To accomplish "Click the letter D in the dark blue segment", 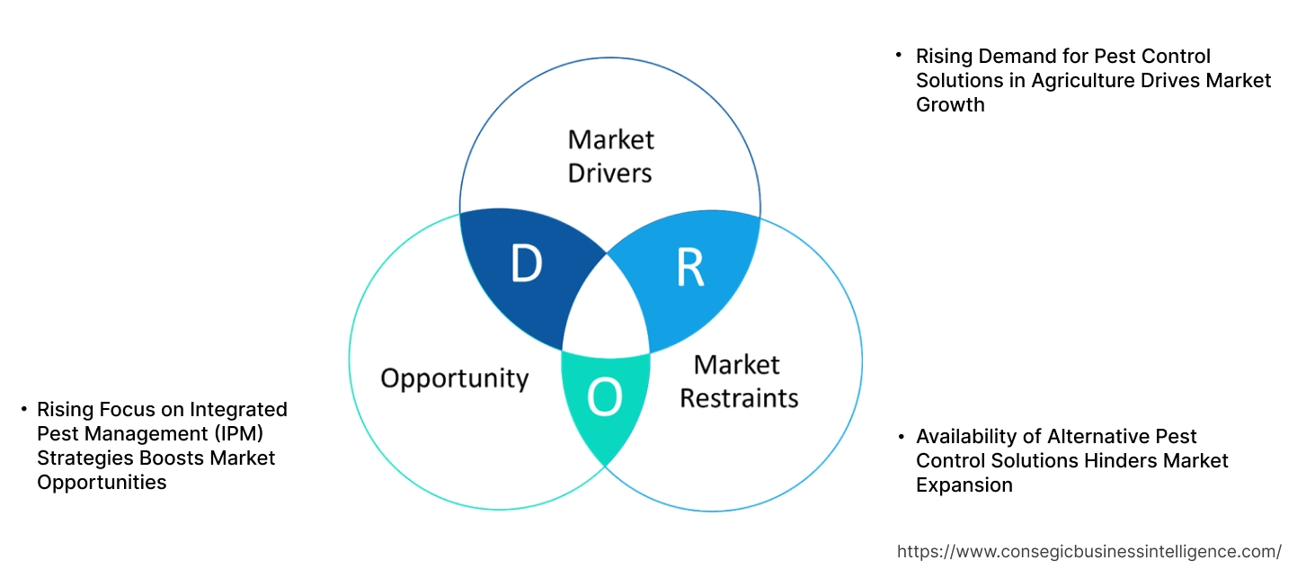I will tap(526, 264).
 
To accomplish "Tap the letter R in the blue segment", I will tap(689, 268).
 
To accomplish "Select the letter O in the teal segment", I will tap(604, 399).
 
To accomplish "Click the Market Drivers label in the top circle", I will tap(610, 156).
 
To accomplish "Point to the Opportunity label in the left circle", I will tap(454, 378).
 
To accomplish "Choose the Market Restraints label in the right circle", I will tap(738, 381).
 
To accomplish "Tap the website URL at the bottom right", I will tap(1089, 551).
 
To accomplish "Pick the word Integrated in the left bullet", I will tap(239, 410).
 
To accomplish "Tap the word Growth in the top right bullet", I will tap(950, 105).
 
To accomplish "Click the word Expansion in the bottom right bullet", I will tap(964, 485).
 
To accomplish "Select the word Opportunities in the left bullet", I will tap(102, 483).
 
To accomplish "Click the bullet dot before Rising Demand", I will tap(898, 56).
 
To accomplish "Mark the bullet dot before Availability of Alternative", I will tap(899, 437).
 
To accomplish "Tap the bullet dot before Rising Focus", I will tap(23, 410).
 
